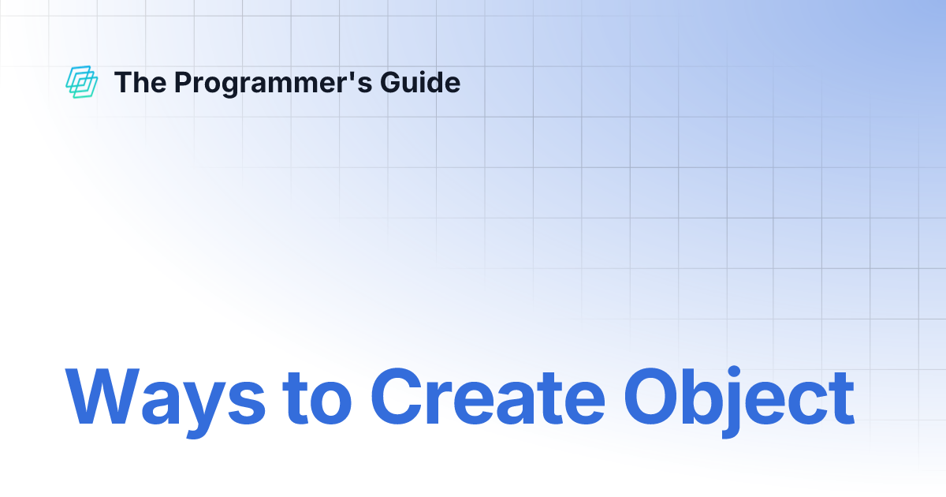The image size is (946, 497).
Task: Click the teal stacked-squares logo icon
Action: click(x=81, y=82)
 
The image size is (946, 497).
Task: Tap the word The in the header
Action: click(x=137, y=82)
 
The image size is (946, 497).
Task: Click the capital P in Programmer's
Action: click(x=182, y=82)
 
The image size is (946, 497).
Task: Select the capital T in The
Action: click(x=122, y=82)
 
